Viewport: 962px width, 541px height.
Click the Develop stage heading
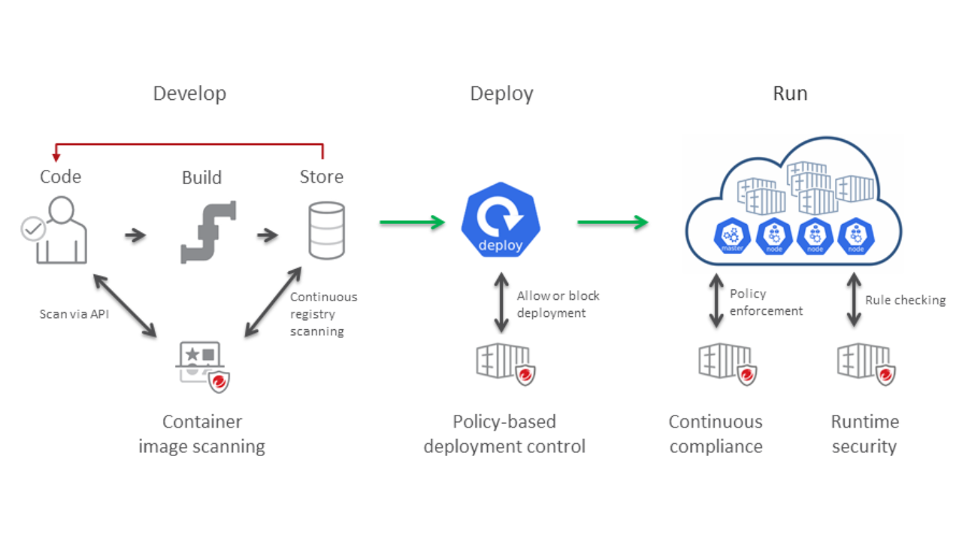pyautogui.click(x=189, y=94)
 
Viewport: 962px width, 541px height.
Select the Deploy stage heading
pyautogui.click(x=501, y=94)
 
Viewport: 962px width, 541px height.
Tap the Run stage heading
pyautogui.click(x=790, y=94)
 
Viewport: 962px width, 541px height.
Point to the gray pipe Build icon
pyautogui.click(x=208, y=232)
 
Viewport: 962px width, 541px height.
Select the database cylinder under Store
pyautogui.click(x=327, y=231)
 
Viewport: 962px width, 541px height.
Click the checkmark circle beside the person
pyautogui.click(x=33, y=230)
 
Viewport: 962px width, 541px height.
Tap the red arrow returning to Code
pyautogui.click(x=188, y=142)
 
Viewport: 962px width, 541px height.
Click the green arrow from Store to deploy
pyautogui.click(x=413, y=222)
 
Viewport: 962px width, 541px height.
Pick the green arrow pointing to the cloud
pyautogui.click(x=613, y=222)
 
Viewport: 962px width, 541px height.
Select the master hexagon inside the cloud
pyautogui.click(x=731, y=235)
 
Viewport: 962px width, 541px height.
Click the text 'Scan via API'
pyautogui.click(x=74, y=314)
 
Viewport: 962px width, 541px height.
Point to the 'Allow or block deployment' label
pyautogui.click(x=558, y=304)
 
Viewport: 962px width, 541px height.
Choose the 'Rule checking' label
pyautogui.click(x=905, y=300)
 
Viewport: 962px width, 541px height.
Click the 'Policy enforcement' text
pyautogui.click(x=766, y=302)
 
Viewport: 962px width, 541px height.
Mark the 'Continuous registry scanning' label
pyautogui.click(x=323, y=314)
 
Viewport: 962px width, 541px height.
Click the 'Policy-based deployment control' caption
pyautogui.click(x=504, y=434)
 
